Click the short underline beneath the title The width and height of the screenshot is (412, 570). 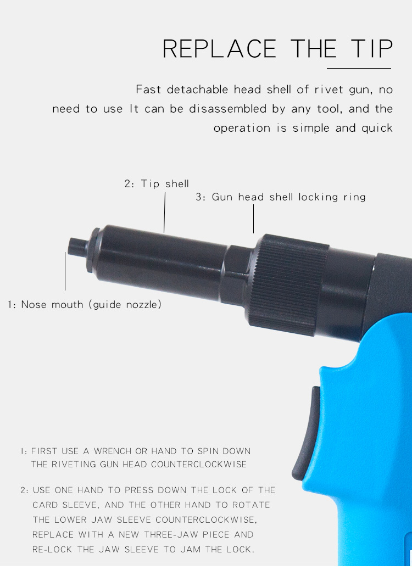[x=359, y=68]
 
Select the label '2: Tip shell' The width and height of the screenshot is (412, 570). [x=157, y=184]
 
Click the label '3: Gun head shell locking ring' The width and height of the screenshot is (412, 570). [x=281, y=197]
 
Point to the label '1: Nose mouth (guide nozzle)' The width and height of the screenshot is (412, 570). [x=85, y=304]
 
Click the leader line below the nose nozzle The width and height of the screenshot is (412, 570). [x=65, y=271]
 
